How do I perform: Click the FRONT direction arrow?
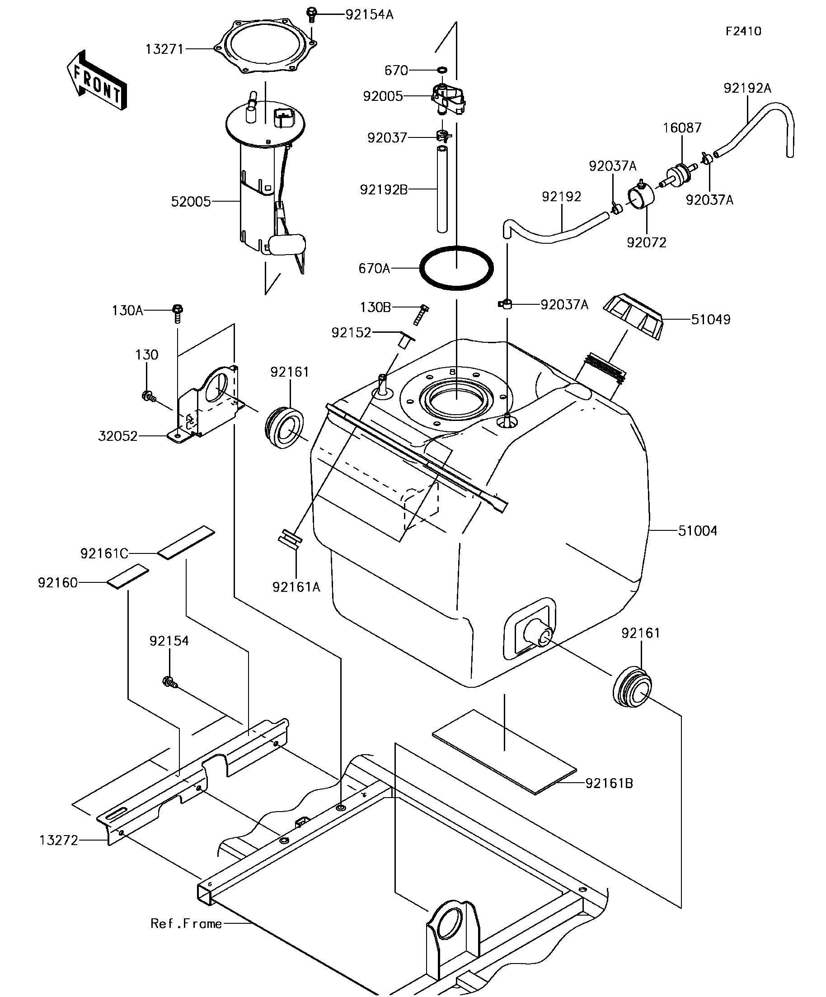97,80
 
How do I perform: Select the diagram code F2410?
743,31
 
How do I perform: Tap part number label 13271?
164,49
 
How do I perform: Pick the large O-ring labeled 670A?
456,268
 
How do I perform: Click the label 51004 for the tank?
697,531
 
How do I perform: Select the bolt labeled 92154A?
312,14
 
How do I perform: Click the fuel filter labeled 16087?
679,174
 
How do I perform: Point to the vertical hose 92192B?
442,189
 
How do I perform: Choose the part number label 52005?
191,202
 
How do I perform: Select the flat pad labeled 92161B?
504,752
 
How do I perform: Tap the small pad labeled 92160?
127,576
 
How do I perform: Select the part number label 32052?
117,436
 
